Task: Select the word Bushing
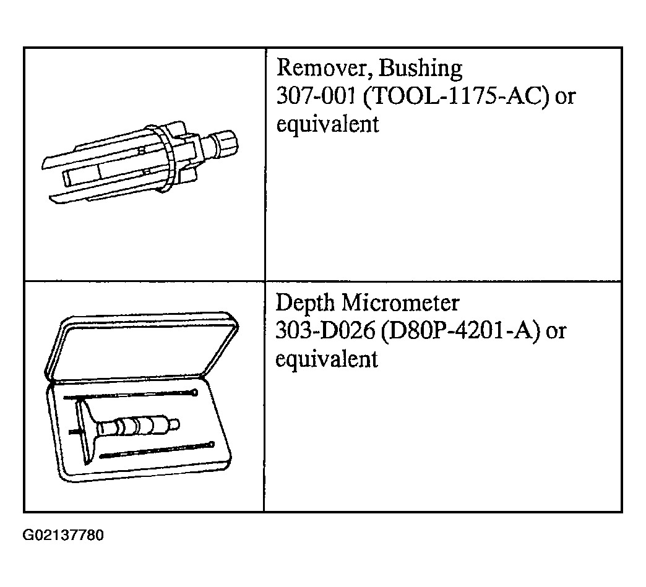coord(420,69)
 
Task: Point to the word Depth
coord(304,304)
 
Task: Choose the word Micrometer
coord(400,302)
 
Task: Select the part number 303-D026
coord(325,331)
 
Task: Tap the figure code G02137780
coord(63,535)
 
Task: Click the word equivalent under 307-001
coord(327,124)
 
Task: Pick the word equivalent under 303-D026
coord(327,359)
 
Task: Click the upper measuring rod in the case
coord(131,395)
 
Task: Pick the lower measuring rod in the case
coord(157,450)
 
